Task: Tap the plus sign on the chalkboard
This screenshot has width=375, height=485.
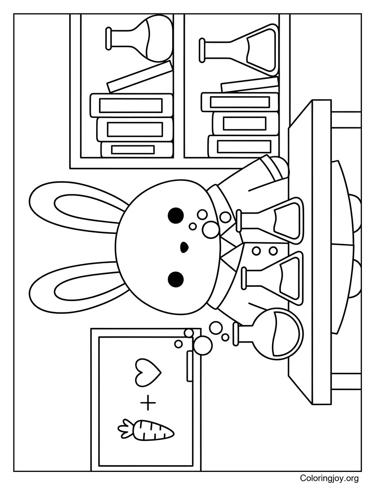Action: [x=148, y=404]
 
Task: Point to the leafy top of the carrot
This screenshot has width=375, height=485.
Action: [x=125, y=428]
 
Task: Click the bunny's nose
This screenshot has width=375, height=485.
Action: [x=184, y=247]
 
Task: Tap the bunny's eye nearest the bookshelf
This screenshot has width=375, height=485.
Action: [x=176, y=215]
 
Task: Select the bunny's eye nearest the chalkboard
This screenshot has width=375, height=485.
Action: [x=176, y=278]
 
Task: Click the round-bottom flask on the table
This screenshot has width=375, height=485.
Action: [x=280, y=333]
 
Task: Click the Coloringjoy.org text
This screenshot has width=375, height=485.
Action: [x=329, y=478]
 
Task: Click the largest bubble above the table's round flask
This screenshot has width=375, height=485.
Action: [x=203, y=345]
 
